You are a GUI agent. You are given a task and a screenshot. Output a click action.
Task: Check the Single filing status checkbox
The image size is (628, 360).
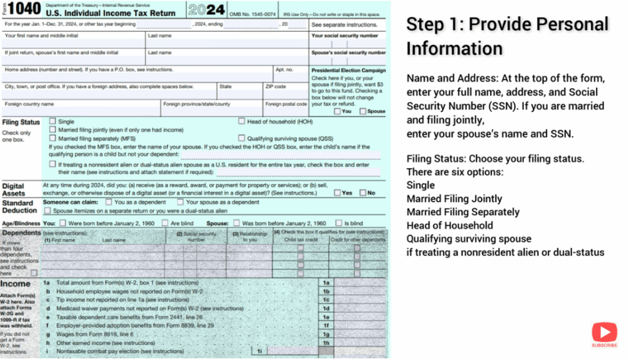53,121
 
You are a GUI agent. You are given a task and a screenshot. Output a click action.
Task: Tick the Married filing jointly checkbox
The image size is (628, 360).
53,130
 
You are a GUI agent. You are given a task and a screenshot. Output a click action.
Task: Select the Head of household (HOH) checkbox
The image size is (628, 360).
242,121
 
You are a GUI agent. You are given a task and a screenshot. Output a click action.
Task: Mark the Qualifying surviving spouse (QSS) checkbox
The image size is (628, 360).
242,139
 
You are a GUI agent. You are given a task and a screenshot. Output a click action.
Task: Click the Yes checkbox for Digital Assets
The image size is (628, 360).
337,193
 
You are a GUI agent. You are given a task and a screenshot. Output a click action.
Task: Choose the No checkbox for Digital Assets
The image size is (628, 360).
362,193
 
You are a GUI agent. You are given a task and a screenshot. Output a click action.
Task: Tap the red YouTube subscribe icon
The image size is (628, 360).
604,333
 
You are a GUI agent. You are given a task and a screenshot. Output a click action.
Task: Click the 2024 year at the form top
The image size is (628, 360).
205,10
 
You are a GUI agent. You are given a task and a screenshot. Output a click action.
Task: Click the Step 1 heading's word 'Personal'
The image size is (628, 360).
570,24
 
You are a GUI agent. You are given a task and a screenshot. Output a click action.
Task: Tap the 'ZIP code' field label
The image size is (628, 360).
275,86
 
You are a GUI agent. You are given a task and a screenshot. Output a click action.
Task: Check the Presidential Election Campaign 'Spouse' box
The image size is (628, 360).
363,112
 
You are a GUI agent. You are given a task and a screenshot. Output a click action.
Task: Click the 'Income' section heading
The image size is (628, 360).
15,284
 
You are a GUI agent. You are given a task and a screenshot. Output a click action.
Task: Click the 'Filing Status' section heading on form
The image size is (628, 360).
21,122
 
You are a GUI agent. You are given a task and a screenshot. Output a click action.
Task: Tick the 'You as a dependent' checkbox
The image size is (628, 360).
109,202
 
